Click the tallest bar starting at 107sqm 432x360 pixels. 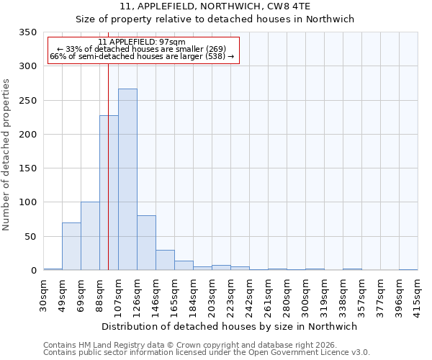coord(127,179)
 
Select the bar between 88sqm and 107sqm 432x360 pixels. coord(109,193)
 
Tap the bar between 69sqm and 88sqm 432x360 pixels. coord(90,236)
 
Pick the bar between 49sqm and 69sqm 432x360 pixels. coord(71,246)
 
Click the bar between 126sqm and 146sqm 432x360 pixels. coord(146,243)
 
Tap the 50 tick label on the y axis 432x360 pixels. coord(30,236)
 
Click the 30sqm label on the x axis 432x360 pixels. coord(44,294)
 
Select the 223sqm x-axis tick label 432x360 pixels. coord(231,294)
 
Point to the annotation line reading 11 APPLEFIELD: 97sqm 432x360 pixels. coord(142,42)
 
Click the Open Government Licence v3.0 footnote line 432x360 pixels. coord(207,352)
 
